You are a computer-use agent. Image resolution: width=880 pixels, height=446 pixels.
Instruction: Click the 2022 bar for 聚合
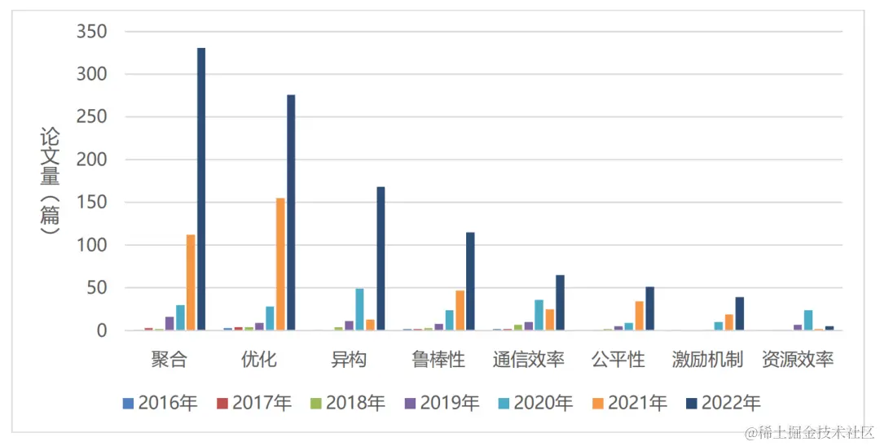click(x=201, y=189)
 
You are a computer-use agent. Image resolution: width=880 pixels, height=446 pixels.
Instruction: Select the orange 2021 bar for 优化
click(x=280, y=264)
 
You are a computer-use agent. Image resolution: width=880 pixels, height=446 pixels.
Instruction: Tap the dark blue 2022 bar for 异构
click(x=381, y=258)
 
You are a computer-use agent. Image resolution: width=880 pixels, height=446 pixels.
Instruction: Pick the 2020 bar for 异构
click(x=359, y=309)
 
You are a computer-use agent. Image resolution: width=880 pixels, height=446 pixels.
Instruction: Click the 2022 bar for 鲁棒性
click(x=470, y=281)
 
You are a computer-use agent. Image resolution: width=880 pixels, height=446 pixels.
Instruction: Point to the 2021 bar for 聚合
click(x=191, y=282)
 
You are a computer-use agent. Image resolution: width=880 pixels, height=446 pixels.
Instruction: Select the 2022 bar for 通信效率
click(x=560, y=303)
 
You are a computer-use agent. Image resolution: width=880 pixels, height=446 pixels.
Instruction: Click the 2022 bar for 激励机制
click(x=739, y=313)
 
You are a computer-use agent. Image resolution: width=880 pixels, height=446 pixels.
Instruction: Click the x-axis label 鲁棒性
click(x=438, y=360)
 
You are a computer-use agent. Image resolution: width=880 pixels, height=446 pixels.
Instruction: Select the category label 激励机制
click(x=707, y=360)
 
